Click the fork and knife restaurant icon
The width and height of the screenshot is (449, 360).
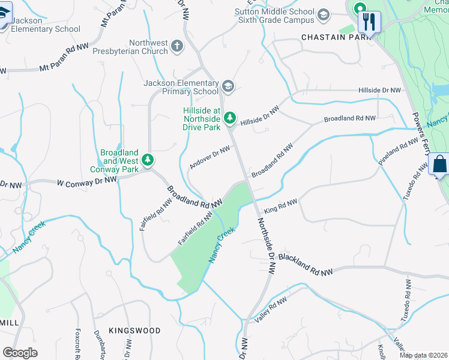369,22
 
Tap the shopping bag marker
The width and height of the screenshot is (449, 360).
439,164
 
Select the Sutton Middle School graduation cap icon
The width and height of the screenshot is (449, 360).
324,14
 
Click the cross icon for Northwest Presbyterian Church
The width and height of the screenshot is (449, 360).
176,46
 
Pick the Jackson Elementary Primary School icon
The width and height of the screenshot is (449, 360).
228,87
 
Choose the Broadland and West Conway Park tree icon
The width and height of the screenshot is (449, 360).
148,160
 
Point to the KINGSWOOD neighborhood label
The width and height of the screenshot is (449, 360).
134,331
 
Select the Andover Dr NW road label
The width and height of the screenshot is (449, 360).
209,157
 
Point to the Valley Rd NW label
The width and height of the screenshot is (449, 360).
272,310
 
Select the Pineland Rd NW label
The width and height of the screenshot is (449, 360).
397,152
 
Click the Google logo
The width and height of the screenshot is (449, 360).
20,353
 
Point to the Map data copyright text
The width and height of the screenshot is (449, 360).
423,355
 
